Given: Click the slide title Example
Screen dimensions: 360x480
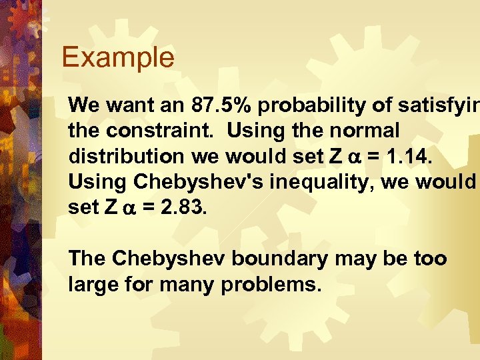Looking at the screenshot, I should [117, 58].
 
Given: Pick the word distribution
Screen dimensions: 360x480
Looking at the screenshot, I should [125, 156].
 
